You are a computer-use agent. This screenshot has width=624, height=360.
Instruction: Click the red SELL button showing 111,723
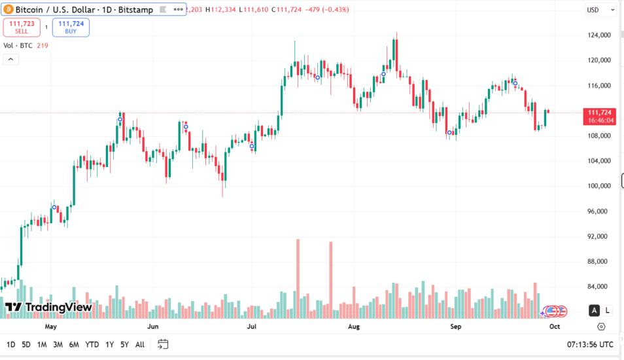click(22, 27)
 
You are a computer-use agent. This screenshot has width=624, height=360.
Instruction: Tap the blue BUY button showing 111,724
click(71, 27)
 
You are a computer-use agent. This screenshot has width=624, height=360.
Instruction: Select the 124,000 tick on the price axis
click(599, 35)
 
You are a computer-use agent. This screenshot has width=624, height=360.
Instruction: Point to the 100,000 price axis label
click(599, 186)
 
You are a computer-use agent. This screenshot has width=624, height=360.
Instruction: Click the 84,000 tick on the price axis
click(599, 287)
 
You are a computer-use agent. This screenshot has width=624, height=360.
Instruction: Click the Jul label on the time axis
click(252, 325)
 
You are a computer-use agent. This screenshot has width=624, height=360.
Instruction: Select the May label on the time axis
click(51, 325)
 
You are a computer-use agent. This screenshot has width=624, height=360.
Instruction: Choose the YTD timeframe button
click(92, 344)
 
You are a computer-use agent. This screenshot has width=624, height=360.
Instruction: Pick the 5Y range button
click(124, 344)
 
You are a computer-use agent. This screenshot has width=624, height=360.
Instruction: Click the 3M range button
click(58, 344)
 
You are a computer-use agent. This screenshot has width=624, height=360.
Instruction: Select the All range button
click(140, 344)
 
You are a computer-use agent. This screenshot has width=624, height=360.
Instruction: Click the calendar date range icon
click(163, 344)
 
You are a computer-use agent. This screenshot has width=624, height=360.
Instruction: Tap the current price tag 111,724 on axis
click(599, 113)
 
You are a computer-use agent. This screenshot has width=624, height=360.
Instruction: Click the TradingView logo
click(48, 307)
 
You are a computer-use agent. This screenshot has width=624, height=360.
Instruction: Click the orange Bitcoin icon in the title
click(8, 10)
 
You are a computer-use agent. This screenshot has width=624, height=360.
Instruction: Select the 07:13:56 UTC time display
click(590, 344)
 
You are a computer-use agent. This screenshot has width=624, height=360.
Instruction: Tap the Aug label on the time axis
click(354, 325)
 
